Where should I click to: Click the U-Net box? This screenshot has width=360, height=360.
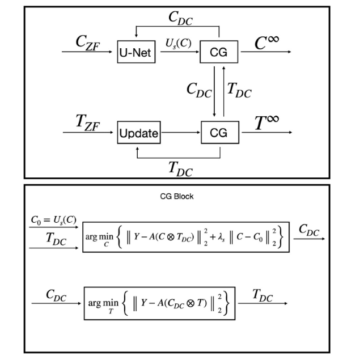136,52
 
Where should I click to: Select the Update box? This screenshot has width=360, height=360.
138,134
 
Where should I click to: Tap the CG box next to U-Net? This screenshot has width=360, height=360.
219,52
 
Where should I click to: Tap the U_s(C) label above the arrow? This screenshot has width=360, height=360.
177,43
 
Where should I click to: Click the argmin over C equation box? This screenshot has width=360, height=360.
186,236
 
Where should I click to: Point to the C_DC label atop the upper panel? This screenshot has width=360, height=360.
181,18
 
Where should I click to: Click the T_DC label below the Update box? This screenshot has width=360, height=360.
180,168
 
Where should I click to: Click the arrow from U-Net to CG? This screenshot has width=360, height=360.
178,52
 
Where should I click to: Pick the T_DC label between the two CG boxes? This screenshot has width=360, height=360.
239,90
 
